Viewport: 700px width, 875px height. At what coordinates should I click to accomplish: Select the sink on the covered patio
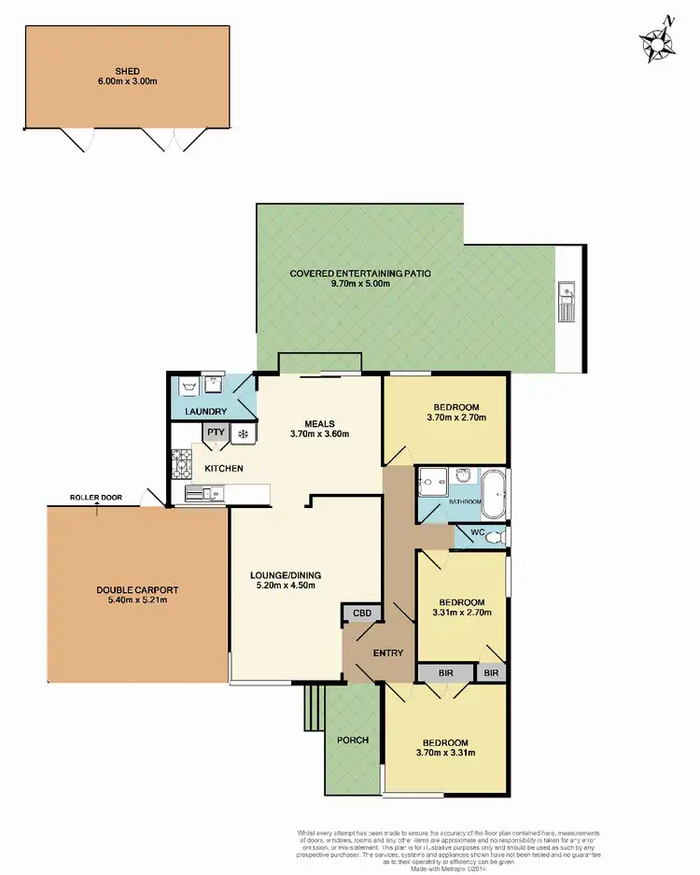click(x=566, y=302)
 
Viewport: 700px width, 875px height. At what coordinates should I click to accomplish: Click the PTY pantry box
click(x=216, y=432)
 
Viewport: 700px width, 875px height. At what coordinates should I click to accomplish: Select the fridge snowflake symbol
click(x=242, y=434)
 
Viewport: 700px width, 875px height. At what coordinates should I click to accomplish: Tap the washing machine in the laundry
click(x=189, y=385)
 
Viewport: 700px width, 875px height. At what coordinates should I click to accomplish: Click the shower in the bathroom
click(x=432, y=482)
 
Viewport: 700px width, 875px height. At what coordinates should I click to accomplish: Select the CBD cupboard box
click(x=361, y=614)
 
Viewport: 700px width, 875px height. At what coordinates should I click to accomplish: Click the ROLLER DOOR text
click(x=97, y=498)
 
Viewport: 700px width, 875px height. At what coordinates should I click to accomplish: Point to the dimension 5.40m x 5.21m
click(x=137, y=600)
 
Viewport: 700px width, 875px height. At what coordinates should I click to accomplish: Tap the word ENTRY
click(x=387, y=653)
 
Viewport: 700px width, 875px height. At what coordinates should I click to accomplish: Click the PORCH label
click(x=353, y=740)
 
